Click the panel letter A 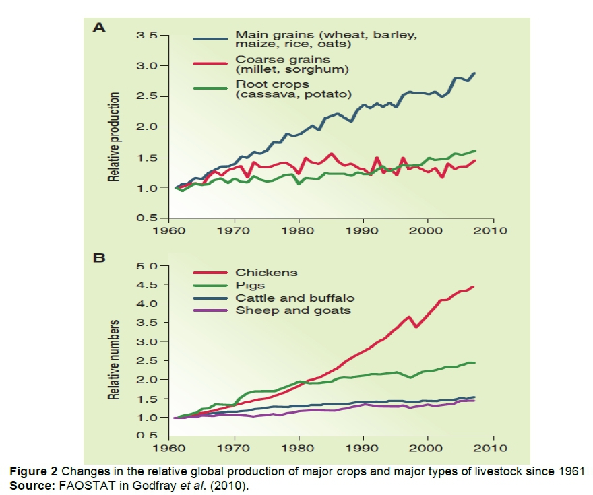pyautogui.click(x=99, y=28)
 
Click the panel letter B pyautogui.click(x=99, y=257)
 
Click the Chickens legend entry pyautogui.click(x=266, y=273)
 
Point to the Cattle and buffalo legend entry pyautogui.click(x=294, y=298)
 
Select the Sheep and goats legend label pyautogui.click(x=293, y=310)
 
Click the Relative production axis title pyautogui.click(x=115, y=137)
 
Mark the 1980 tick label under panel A pyautogui.click(x=299, y=231)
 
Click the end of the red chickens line pyautogui.click(x=474, y=287)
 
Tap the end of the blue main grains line pyautogui.click(x=474, y=73)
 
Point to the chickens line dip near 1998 pyautogui.click(x=416, y=327)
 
